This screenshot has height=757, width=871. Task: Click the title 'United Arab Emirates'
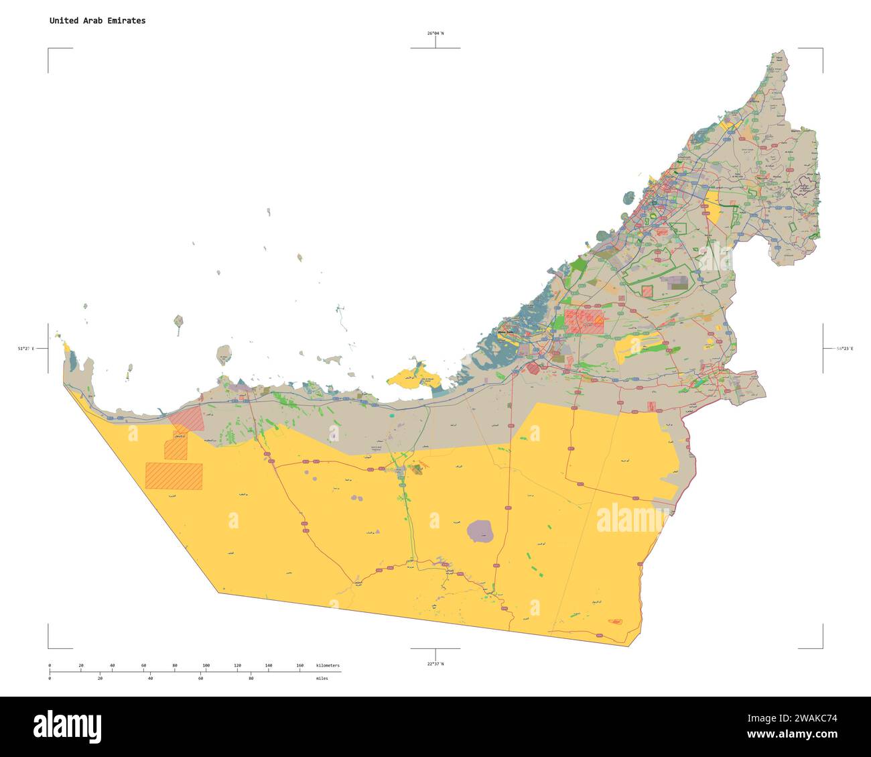(x=97, y=21)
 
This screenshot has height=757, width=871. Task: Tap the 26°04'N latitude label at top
(x=435, y=33)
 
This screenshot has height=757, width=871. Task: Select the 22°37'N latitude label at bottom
(x=435, y=663)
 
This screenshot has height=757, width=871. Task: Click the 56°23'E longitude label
(x=844, y=349)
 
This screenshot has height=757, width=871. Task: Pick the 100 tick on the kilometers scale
(x=206, y=666)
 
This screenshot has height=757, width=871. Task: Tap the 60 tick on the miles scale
(x=200, y=679)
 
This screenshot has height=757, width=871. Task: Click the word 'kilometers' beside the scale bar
(x=328, y=666)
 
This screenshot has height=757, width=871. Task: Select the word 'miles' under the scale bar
(x=323, y=679)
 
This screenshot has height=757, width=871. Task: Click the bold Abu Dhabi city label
(x=505, y=332)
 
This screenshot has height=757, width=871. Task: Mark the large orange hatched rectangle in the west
(x=174, y=475)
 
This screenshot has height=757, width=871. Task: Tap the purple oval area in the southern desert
(x=480, y=531)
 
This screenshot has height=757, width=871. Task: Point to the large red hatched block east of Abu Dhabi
(x=584, y=321)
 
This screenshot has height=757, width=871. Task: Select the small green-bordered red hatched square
(x=647, y=292)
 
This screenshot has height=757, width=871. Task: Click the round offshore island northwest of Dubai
(x=628, y=198)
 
